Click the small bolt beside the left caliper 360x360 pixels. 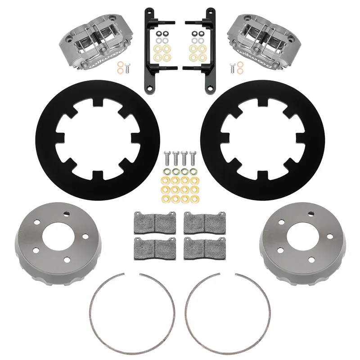127,68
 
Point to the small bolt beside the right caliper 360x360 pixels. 232,68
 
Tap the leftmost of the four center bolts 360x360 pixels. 167,158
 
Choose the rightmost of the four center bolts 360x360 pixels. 193,158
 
